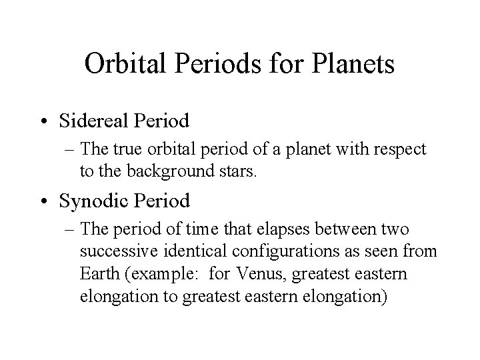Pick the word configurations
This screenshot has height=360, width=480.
pyautogui.click(x=281, y=252)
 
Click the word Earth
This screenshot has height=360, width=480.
pyautogui.click(x=98, y=275)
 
